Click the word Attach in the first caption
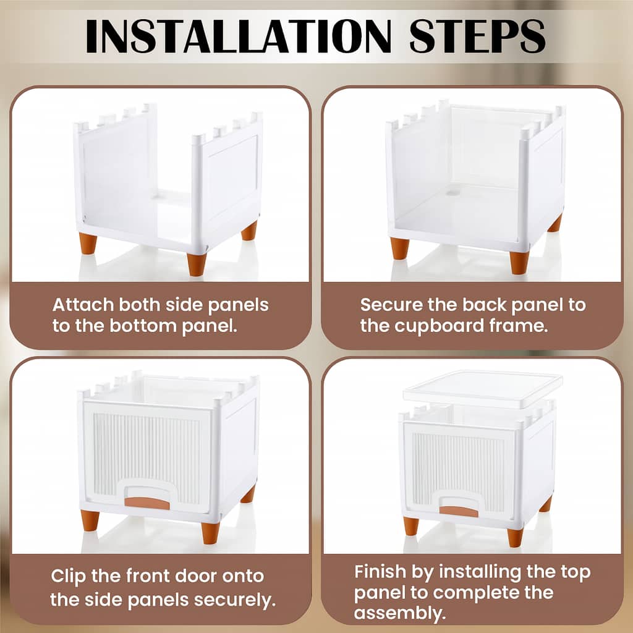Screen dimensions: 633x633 click(x=83, y=305)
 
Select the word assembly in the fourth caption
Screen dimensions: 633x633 click(x=400, y=613)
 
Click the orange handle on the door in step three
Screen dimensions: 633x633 click(x=147, y=503)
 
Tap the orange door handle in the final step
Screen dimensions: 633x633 click(x=459, y=511)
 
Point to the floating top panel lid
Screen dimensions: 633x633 click(x=483, y=389)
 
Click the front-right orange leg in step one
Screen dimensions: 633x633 click(x=197, y=265)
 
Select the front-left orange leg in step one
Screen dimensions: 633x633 click(x=88, y=244)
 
